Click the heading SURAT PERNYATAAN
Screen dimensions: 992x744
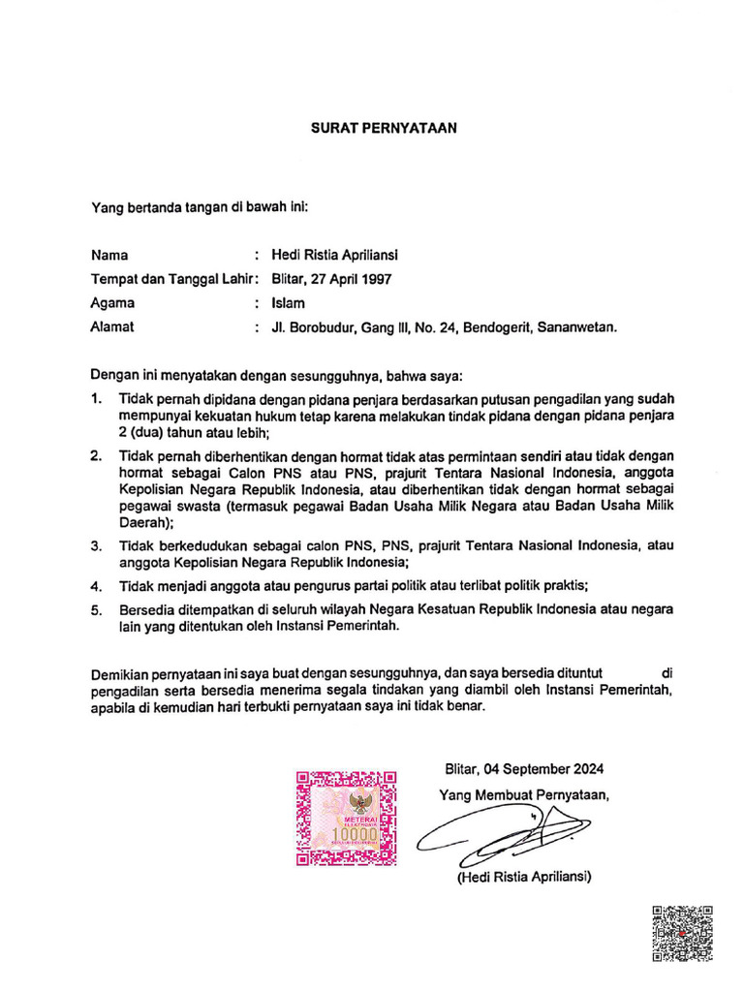pyautogui.click(x=383, y=127)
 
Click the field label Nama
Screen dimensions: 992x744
pyautogui.click(x=109, y=256)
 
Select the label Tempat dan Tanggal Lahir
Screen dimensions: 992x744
pyautogui.click(x=170, y=279)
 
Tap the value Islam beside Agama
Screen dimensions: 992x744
pyautogui.click(x=289, y=303)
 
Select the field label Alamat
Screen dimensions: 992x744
pyautogui.click(x=112, y=327)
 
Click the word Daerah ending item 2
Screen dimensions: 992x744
pyautogui.click(x=143, y=520)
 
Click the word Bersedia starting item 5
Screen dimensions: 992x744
pyautogui.click(x=148, y=610)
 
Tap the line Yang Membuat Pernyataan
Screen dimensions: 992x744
pyautogui.click(x=524, y=795)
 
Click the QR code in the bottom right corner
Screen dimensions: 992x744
pyautogui.click(x=683, y=932)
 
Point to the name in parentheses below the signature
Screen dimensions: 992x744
pyautogui.click(x=524, y=877)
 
